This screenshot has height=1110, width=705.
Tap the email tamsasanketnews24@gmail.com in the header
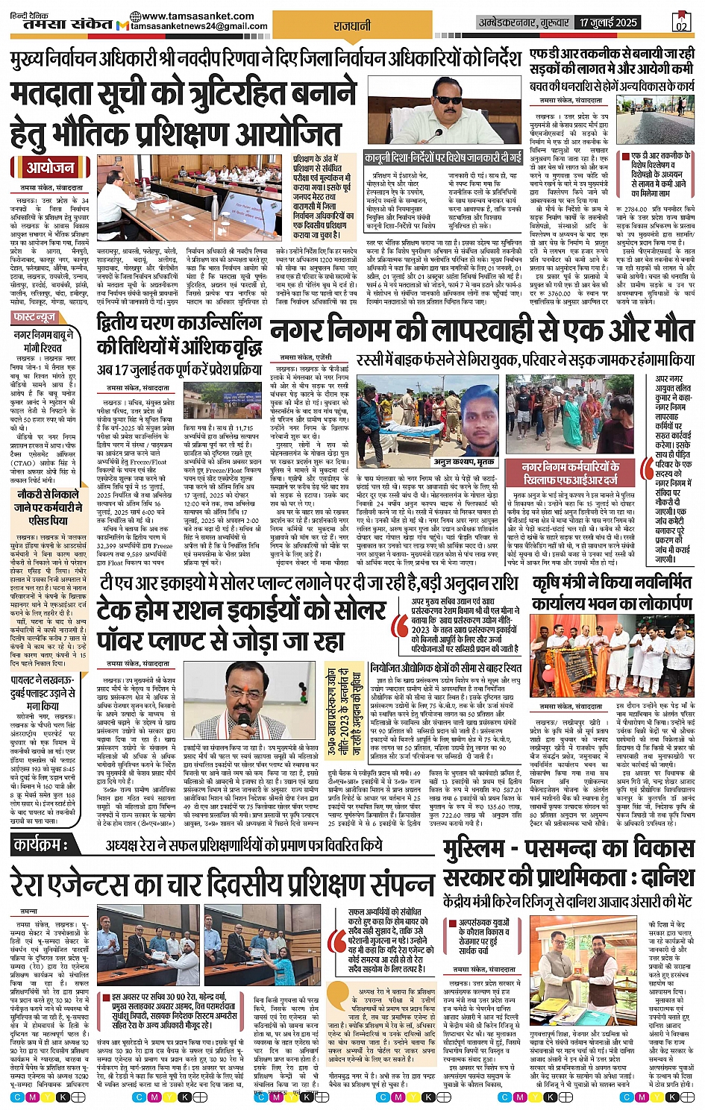[198, 26]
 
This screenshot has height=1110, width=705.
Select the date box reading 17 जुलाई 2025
[609, 22]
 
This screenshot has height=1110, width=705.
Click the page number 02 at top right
[680, 23]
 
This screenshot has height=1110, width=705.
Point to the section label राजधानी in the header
[352, 26]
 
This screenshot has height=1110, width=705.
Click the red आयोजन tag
[51, 167]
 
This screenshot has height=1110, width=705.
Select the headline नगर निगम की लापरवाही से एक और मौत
[482, 330]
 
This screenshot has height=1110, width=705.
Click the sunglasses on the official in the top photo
[446, 100]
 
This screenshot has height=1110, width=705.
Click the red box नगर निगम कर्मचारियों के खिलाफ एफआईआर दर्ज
[570, 473]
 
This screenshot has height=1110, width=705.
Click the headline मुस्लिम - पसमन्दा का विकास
[568, 850]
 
